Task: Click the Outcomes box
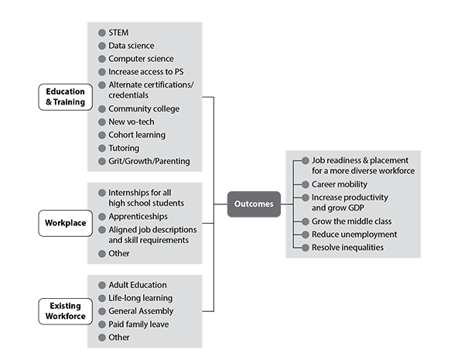click(x=254, y=204)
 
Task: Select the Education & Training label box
click(x=66, y=97)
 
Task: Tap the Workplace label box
click(x=66, y=223)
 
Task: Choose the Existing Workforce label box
click(x=66, y=311)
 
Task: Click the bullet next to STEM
click(x=102, y=33)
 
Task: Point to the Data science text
click(x=132, y=46)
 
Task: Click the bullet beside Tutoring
click(x=102, y=148)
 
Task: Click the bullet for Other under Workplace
click(x=102, y=254)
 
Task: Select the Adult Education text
click(x=138, y=285)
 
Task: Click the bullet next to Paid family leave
click(x=102, y=324)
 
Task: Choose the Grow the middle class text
click(x=352, y=221)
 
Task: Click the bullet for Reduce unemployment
click(x=306, y=235)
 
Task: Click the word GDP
click(x=356, y=207)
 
